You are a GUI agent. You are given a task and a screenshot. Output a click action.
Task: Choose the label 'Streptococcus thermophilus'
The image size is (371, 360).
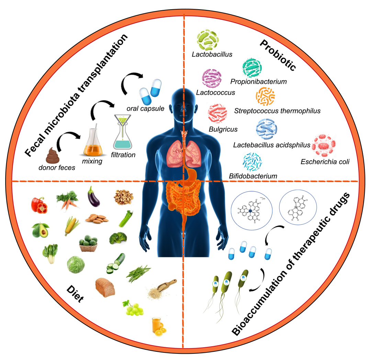pyautogui.click(x=277, y=111)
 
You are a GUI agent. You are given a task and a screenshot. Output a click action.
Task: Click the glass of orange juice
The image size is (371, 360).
pyautogui.click(x=158, y=327)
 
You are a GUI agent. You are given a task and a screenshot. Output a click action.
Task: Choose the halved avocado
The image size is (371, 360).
pyautogui.click(x=40, y=230)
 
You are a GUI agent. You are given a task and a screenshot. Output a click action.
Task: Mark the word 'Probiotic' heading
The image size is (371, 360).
pyautogui.click(x=278, y=55)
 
